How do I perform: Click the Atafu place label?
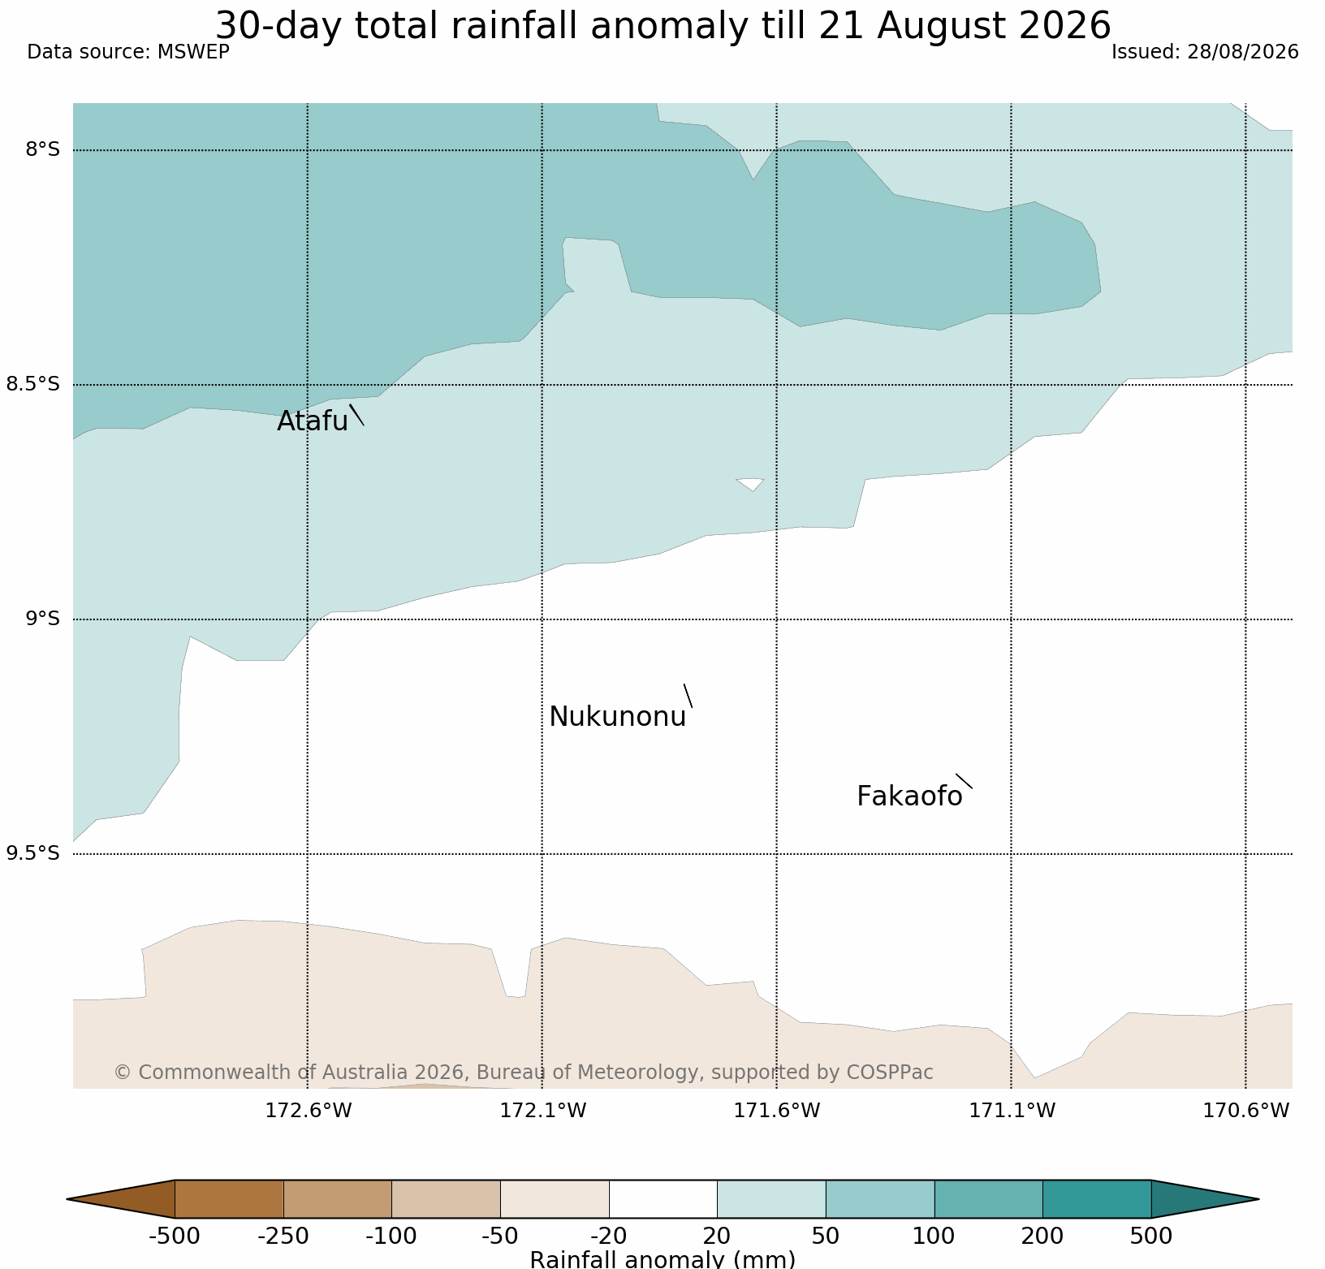point(313,421)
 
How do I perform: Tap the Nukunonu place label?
point(618,717)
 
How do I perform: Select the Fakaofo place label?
point(909,796)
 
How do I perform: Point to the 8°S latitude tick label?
point(43,149)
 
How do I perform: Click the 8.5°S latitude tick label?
point(33,384)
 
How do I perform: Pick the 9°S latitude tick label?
point(43,619)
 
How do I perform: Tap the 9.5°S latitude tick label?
point(33,852)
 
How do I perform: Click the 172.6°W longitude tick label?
point(309,1110)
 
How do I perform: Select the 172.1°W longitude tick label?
point(542,1110)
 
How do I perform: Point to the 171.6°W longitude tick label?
point(777,1110)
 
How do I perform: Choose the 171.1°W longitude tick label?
point(1012,1110)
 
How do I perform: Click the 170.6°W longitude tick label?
point(1246,1110)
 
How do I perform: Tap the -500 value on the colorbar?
point(174,1237)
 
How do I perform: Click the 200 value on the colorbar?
point(1042,1237)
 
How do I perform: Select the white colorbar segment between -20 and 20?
point(663,1199)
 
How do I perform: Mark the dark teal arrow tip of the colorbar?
point(1258,1199)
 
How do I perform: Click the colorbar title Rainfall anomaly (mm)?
point(662,1259)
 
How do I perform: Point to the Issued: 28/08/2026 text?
point(1205,52)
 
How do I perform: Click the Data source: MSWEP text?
point(128,52)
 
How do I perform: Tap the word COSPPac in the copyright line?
point(889,1073)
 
